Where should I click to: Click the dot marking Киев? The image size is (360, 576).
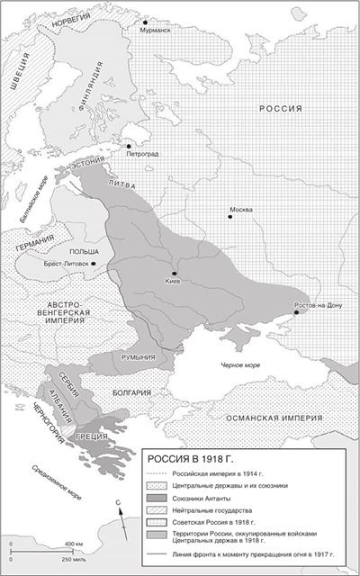[175, 274]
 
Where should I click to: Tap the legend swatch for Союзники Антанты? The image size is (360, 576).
[161, 497]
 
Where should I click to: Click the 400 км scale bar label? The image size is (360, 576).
[74, 545]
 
